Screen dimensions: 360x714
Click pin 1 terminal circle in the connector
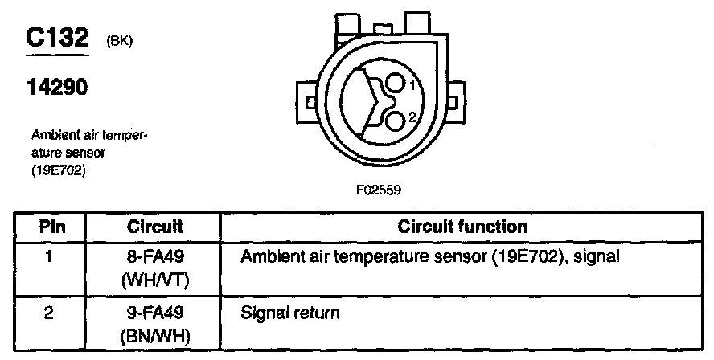coord(395,84)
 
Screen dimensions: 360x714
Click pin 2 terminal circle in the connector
coord(395,121)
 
